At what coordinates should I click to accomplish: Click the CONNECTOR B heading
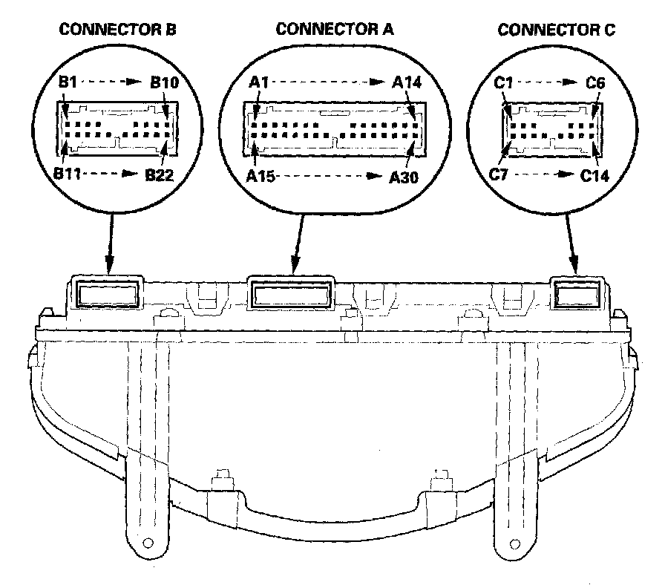coord(117,29)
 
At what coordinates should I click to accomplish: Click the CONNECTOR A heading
coord(335,29)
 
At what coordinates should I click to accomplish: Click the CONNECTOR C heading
coord(556,30)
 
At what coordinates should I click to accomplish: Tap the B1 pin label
coord(68,82)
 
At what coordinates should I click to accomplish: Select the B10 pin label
coord(165,82)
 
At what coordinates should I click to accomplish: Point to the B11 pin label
coord(67,173)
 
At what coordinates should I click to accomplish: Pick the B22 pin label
coord(159,174)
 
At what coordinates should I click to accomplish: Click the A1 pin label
coord(259,82)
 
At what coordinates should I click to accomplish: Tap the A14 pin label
coord(407,82)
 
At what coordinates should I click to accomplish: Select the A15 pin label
coord(261,176)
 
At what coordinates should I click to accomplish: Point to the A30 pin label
coord(404,177)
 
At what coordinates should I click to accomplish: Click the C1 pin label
coord(503,82)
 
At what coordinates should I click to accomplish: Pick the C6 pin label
coord(595,82)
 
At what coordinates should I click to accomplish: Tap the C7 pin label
coord(498,174)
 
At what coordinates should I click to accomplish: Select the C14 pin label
coord(594,175)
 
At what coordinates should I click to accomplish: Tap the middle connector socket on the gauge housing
coord(291,293)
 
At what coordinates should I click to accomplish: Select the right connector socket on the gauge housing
coord(577,295)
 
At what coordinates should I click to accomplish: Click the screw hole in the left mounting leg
coord(148,543)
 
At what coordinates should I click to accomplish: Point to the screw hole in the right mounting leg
coord(514,543)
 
